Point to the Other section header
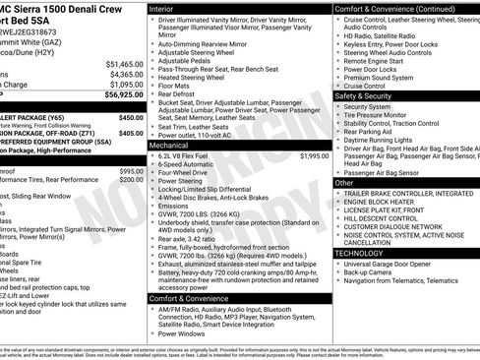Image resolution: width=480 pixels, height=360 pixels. [x=344, y=183]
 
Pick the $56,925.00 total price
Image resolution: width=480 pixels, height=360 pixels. [x=125, y=95]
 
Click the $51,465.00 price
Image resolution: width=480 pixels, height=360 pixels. [x=125, y=63]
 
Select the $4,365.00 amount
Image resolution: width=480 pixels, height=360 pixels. [x=126, y=74]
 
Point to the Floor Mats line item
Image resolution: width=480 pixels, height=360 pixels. [x=175, y=88]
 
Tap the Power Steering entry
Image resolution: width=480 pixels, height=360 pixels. [x=181, y=181]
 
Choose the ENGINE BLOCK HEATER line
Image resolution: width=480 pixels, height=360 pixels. [x=383, y=203]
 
